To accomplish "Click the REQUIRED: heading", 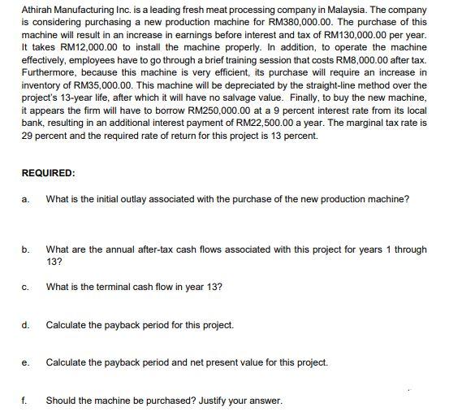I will tap(48, 173).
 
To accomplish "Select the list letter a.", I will tap(27, 200).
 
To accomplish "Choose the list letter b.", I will tap(27, 250).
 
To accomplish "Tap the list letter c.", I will tap(27, 287).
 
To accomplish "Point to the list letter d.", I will tap(27, 325).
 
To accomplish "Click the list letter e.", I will tap(27, 362).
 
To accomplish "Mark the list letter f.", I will tap(26, 401).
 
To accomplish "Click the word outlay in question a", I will tap(140, 200).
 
